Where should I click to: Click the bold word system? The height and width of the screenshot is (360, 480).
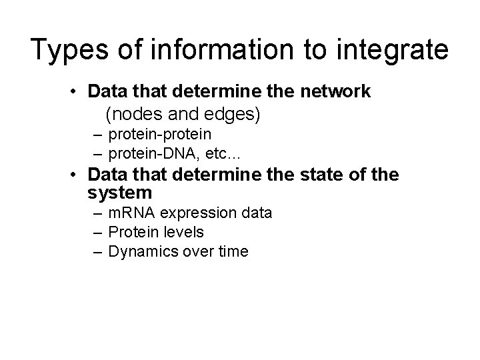tap(120, 193)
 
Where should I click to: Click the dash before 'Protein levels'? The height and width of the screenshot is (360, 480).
tap(99, 233)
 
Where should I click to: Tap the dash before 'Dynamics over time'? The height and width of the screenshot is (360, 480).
tap(99, 251)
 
